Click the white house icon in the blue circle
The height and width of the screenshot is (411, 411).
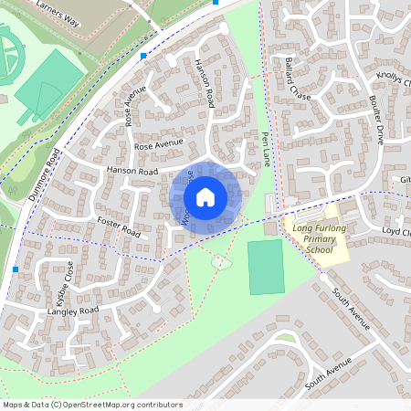[205, 195]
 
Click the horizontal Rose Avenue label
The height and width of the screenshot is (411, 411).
[159, 144]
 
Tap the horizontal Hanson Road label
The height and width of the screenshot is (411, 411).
[132, 171]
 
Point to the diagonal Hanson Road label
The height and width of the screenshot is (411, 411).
[204, 83]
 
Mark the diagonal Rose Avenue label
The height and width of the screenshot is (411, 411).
[135, 105]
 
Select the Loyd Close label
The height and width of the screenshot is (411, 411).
[398, 232]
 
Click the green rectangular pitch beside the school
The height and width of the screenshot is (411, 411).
[266, 268]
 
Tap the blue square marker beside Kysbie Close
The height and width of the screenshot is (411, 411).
[16, 269]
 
